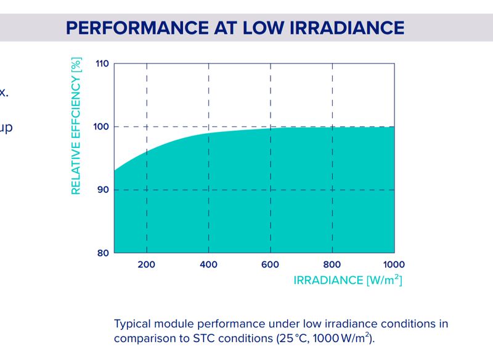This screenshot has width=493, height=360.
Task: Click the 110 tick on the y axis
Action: pos(102,63)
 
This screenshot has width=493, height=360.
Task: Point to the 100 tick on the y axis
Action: pos(102,126)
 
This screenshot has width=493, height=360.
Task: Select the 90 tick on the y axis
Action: pos(104,190)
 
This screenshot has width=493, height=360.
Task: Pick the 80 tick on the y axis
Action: pos(104,253)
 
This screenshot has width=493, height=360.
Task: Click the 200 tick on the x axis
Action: pos(147,264)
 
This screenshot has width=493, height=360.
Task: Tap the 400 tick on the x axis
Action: pos(209,264)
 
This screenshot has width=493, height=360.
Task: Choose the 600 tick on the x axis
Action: pos(271,264)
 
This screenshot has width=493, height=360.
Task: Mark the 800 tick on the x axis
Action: pos(333,264)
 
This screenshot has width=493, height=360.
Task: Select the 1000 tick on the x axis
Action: pos(393,264)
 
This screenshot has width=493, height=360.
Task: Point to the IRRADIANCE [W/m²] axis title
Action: pos(348,280)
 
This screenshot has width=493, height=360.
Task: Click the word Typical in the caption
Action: pos(133,324)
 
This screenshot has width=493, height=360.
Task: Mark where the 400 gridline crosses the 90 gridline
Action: pos(209,190)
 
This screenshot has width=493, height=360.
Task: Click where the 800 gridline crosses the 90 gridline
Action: pos(333,190)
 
